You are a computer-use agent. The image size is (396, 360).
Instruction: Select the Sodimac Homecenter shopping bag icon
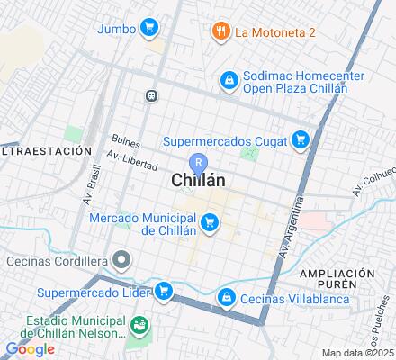click(229, 82)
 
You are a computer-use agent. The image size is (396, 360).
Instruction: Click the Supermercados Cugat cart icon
click(301, 139)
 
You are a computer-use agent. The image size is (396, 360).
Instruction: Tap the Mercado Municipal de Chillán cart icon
click(210, 220)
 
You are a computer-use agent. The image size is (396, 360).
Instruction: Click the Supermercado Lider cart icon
click(163, 291)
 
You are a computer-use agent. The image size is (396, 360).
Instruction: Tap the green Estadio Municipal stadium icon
click(139, 324)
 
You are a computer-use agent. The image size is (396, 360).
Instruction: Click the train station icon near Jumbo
click(152, 94)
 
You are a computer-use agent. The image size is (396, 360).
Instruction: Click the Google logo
click(29, 349)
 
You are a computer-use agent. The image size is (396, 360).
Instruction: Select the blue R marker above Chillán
click(200, 162)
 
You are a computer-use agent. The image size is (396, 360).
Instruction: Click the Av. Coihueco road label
click(370, 184)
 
